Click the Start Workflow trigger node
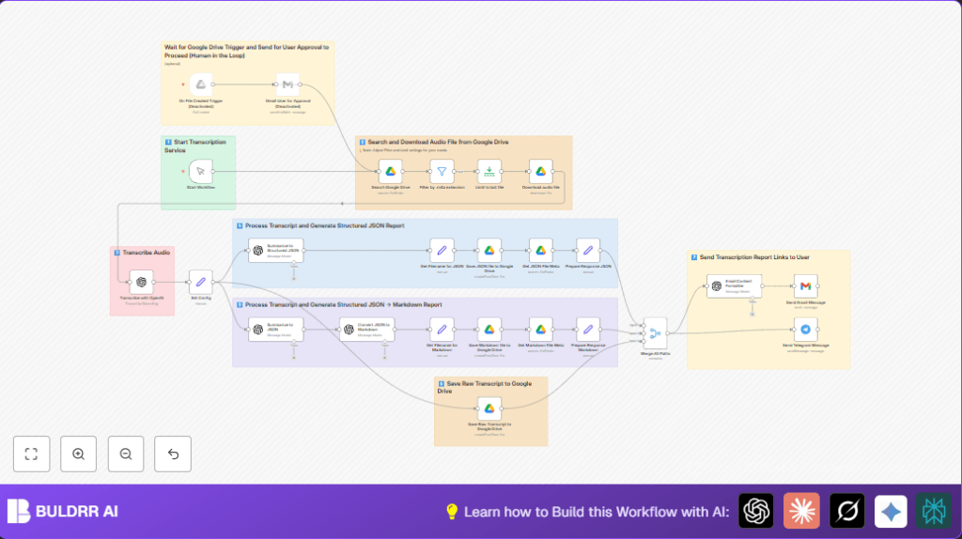(200, 171)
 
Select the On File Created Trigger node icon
(200, 85)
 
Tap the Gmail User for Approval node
(287, 85)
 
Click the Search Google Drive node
(392, 171)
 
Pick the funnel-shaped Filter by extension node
(442, 171)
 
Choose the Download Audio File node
(540, 171)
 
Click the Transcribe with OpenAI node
(141, 281)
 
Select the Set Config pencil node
(200, 281)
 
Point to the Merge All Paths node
(654, 330)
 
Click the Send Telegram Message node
(805, 329)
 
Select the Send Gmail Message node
(805, 285)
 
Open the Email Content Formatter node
(734, 285)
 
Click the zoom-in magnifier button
(78, 454)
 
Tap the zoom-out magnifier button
(126, 454)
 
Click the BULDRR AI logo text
(77, 512)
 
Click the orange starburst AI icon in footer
(801, 511)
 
